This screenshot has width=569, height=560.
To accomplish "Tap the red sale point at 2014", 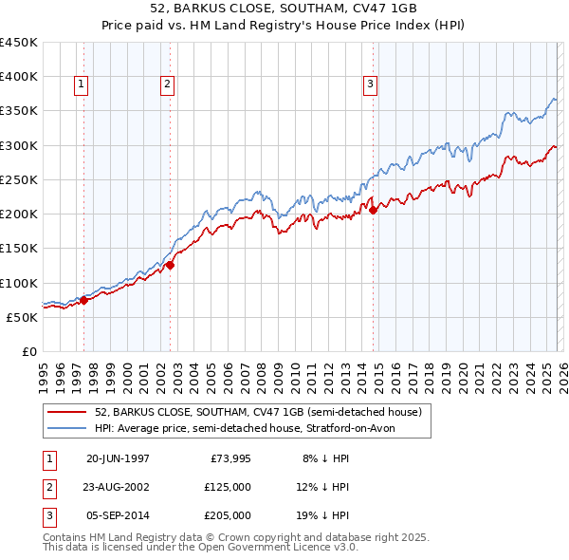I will click(x=373, y=211).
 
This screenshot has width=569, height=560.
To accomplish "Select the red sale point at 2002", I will click(x=171, y=266).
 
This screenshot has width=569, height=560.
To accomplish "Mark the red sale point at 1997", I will click(x=83, y=301).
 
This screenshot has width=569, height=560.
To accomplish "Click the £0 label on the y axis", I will click(x=28, y=351).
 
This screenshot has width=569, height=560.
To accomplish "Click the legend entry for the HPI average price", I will click(x=250, y=428).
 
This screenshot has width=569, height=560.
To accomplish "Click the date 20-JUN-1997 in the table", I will click(x=118, y=458).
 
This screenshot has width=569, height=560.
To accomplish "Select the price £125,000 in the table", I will click(x=228, y=487).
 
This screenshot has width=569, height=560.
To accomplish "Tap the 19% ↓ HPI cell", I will click(x=325, y=515).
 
